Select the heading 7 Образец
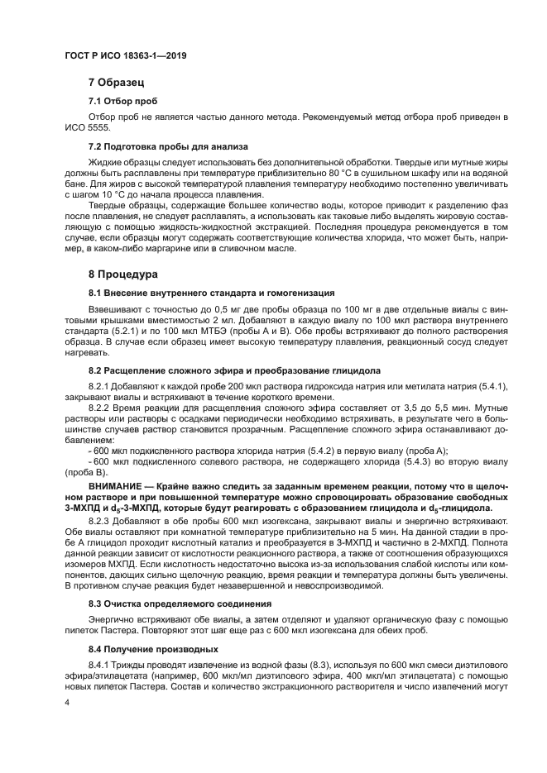click(x=117, y=84)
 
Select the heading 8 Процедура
click(x=124, y=273)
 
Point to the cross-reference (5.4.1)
click(x=493, y=387)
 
